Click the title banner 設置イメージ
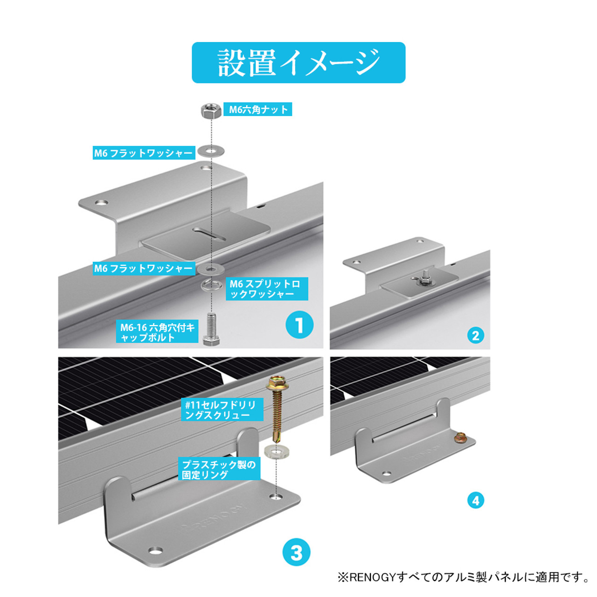coord(298,62)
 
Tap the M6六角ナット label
coord(258,110)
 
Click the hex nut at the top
coord(210,111)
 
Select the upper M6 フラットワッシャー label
coord(143,153)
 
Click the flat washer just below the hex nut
coord(211,151)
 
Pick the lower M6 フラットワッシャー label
coord(143,269)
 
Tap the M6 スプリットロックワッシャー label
coord(266,289)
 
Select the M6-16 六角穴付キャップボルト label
coord(157,332)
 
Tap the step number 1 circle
coord(299,325)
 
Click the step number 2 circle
coord(475,335)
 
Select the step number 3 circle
coord(297,553)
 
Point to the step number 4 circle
coord(475,500)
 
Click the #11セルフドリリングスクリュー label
coord(222,410)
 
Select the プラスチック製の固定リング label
coord(219,469)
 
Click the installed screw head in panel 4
coord(461,437)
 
